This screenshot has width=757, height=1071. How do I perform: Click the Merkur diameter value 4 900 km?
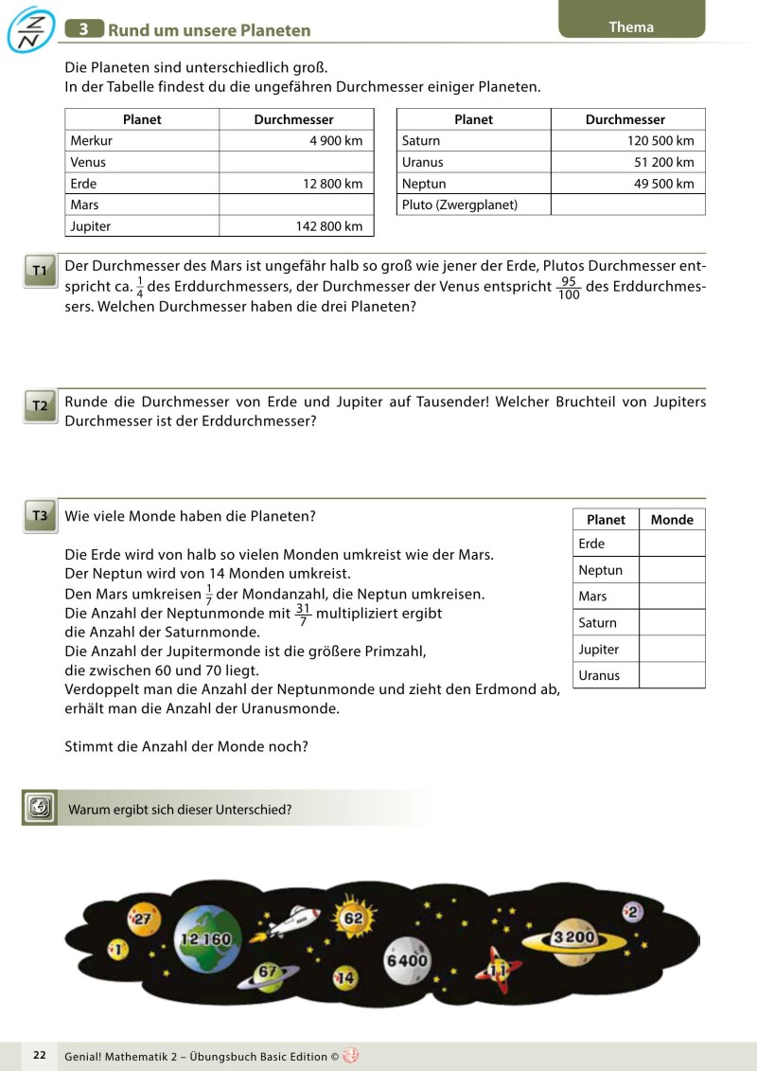coord(336,141)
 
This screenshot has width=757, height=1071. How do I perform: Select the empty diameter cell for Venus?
coord(296,162)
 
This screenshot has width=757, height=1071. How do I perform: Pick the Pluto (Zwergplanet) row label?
coord(460,205)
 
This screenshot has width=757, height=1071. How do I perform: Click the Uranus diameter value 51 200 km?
coord(663,162)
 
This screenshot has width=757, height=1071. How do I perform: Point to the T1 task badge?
coord(40,272)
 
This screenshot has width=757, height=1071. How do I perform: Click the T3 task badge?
coord(40,516)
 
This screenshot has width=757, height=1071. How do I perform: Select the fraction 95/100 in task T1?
coord(569,288)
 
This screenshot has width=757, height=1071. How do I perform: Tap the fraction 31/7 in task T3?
coord(303,615)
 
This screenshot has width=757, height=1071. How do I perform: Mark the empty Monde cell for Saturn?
coord(672,622)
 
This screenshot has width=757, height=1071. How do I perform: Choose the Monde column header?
coord(672,520)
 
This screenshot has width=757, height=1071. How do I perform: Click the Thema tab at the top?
coord(631,27)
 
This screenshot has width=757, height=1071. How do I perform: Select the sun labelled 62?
coord(352,918)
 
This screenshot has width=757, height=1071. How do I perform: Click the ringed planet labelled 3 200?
coord(573,937)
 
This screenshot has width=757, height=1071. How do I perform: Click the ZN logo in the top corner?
coord(29,30)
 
